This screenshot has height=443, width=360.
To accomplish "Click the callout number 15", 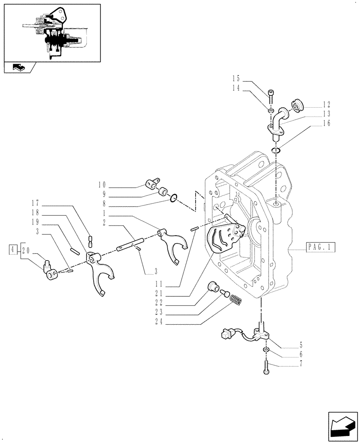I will click(x=236, y=78).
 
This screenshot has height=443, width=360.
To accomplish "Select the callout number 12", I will click(x=327, y=105).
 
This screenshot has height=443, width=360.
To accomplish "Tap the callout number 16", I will click(x=327, y=124).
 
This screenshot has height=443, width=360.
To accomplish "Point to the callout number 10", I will click(x=102, y=184).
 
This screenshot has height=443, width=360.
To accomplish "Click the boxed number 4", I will click(x=14, y=250).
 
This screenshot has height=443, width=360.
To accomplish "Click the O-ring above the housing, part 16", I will click(x=276, y=151).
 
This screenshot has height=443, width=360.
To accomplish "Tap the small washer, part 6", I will click(x=265, y=350).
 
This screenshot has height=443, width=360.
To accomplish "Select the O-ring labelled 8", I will click(x=174, y=198).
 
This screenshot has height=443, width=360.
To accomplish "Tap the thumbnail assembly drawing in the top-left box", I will click(x=52, y=33).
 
